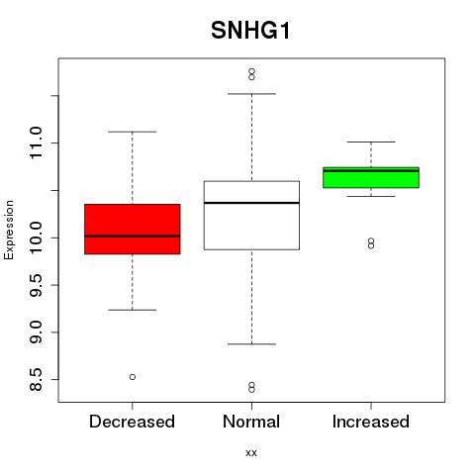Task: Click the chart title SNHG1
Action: tap(250, 31)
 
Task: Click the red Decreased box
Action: tap(133, 229)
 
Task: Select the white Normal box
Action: tap(251, 215)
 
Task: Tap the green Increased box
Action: tap(371, 177)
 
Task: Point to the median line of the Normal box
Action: tap(251, 203)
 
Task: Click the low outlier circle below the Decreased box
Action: tap(133, 377)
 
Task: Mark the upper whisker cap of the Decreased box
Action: tap(133, 132)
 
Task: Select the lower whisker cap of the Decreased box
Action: tap(133, 310)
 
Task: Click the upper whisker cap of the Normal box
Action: tap(251, 94)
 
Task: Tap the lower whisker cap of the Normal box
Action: tap(251, 343)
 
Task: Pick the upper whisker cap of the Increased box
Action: tap(371, 142)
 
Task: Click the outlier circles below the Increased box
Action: tap(371, 243)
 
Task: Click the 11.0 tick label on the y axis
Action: tap(36, 142)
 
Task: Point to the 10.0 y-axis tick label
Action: tap(36, 237)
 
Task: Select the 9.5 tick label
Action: tap(36, 285)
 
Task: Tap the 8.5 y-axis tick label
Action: tap(36, 379)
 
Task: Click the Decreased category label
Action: tap(132, 422)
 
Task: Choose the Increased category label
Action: tap(371, 422)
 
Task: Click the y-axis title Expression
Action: tap(9, 231)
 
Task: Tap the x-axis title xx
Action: tap(251, 453)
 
